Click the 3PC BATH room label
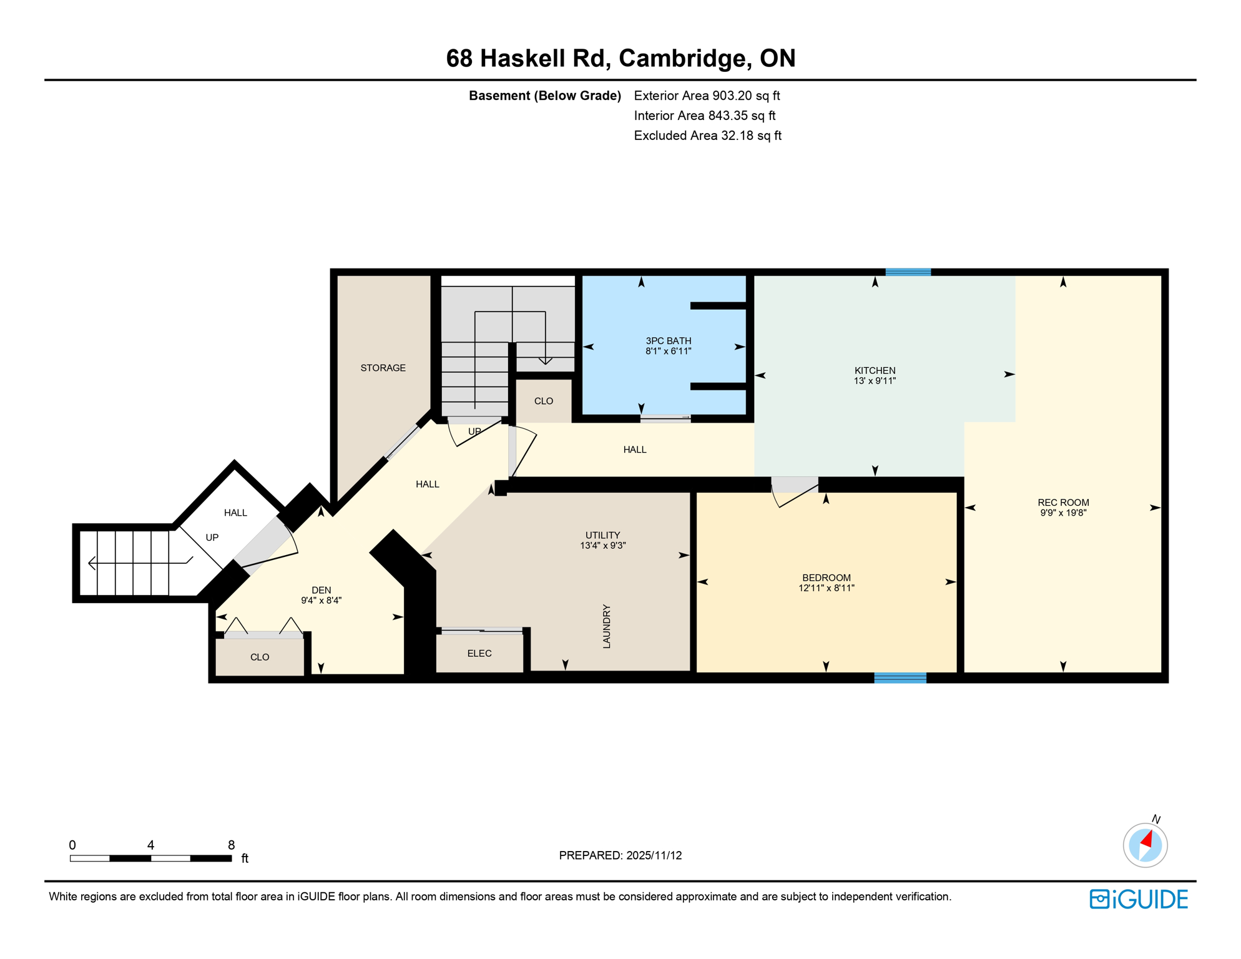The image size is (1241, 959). pos(668,341)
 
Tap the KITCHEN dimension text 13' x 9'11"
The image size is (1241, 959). pos(875,381)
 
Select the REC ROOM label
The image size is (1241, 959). pos(1063,503)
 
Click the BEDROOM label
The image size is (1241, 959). pos(826,578)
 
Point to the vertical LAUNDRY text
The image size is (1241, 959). pos(606,626)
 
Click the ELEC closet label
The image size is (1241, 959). pos(479,654)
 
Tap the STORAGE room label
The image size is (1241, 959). pos(383,368)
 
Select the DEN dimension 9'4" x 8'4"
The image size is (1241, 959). pos(321,601)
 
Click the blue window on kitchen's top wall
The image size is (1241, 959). pos(908,272)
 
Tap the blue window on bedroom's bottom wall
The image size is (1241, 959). pos(900,678)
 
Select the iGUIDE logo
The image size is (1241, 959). pos(1139,899)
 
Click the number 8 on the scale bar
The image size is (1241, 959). pos(231,845)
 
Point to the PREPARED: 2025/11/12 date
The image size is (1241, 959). pos(620,855)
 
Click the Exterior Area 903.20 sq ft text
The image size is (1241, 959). pos(707,96)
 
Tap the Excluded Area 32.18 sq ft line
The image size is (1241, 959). pos(707,135)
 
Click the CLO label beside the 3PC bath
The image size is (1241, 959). pos(543,401)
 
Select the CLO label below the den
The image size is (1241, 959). pos(260,657)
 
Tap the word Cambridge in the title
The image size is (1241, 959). pos(685,58)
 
